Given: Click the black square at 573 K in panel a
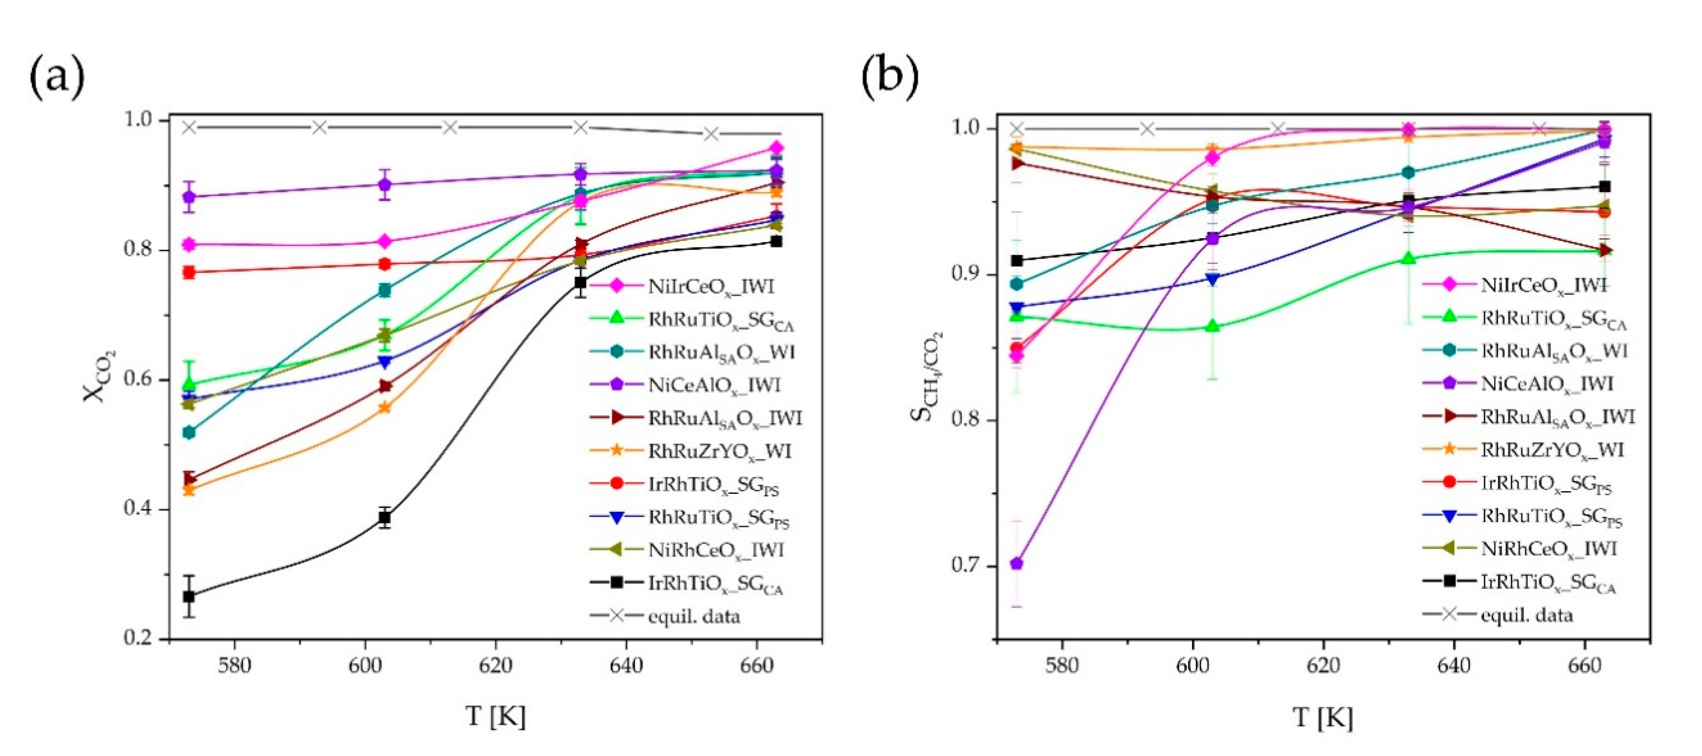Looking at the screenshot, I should click(189, 596).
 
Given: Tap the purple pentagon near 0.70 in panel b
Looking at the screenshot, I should click(1017, 563).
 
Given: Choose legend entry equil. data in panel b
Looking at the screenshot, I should click(1526, 615).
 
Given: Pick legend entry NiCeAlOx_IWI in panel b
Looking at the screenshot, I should click(1546, 383).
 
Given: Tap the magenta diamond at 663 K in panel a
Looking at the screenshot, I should click(776, 147).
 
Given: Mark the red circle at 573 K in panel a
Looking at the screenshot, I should click(189, 272).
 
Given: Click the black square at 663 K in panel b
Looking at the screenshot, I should click(1604, 186).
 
